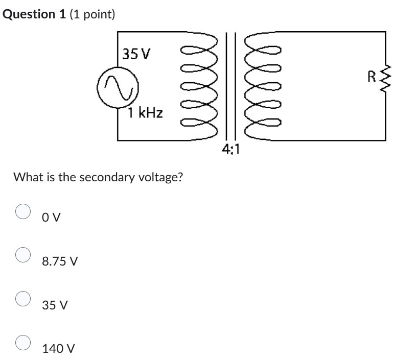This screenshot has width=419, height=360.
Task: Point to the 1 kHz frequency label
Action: (x=146, y=113)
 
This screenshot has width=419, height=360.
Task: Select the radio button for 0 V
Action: (x=23, y=211)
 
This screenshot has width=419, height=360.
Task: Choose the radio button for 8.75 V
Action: (x=23, y=255)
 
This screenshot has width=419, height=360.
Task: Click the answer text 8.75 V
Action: (x=60, y=261)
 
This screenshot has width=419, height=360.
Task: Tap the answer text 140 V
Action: (x=59, y=349)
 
